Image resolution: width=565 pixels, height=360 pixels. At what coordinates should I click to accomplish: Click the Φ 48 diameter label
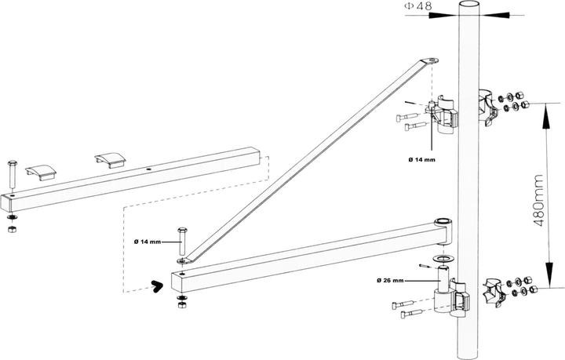click(x=418, y=6)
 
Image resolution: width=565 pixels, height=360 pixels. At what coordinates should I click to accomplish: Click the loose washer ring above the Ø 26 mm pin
click(x=443, y=258)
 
